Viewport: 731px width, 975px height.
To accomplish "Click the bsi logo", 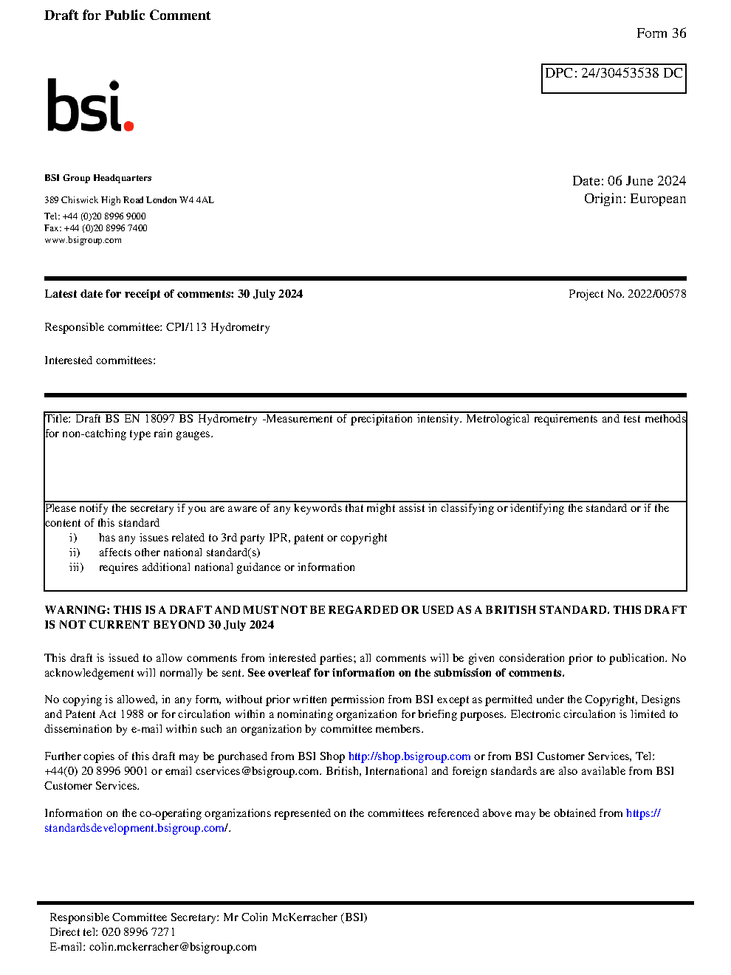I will click(x=89, y=106).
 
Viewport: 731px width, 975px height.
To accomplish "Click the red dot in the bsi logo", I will click(x=129, y=126).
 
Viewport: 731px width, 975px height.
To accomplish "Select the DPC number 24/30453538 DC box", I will click(x=614, y=78).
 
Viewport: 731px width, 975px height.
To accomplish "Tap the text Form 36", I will click(x=661, y=33).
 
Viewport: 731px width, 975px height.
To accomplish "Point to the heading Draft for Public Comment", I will click(x=127, y=16).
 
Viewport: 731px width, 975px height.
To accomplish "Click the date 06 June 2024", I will click(x=647, y=181).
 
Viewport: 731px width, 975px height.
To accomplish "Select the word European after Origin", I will click(x=658, y=199).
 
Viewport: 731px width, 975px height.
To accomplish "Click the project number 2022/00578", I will click(x=656, y=294).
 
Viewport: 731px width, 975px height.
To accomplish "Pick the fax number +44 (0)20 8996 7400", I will click(x=106, y=228).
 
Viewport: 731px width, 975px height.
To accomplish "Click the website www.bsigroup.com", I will click(x=83, y=240).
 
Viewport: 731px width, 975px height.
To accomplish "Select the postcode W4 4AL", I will click(x=196, y=200).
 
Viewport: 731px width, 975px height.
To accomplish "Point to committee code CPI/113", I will click(x=186, y=327).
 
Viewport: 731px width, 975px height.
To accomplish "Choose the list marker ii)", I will click(x=75, y=552).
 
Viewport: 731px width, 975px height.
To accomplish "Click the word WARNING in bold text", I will click(x=77, y=610).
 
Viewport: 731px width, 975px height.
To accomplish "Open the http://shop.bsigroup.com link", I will click(x=409, y=756).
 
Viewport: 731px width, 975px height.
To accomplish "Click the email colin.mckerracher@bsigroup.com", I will click(x=173, y=947).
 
